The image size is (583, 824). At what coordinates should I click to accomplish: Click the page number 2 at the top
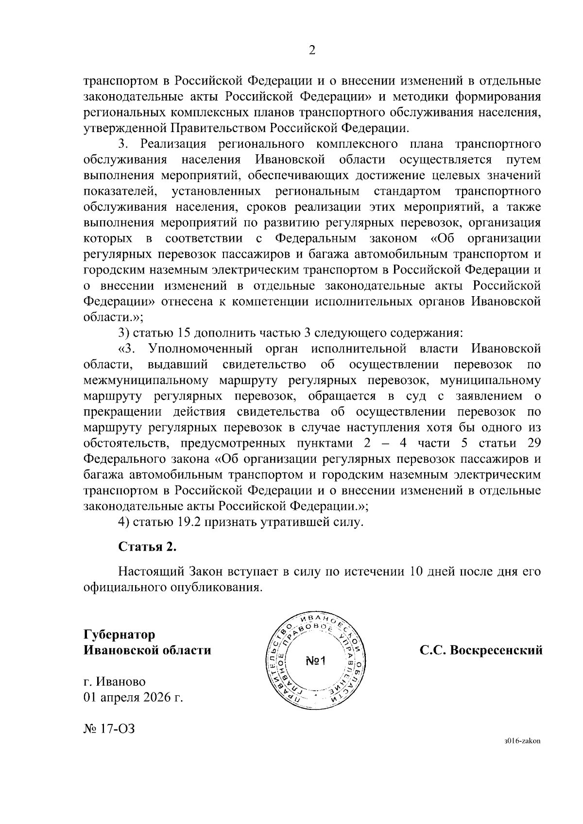(x=312, y=50)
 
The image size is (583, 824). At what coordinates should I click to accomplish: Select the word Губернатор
(x=120, y=635)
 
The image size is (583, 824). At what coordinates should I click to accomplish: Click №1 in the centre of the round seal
(x=318, y=660)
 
